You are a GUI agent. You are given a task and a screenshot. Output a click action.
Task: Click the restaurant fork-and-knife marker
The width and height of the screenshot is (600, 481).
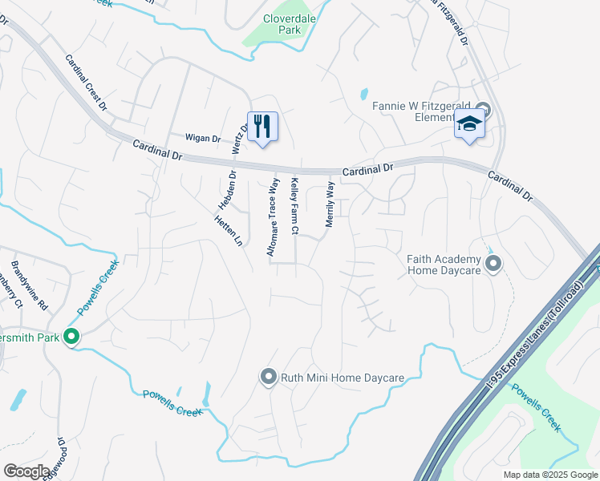point(262,127)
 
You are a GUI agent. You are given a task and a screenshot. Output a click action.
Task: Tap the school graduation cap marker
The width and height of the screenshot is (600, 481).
point(469,125)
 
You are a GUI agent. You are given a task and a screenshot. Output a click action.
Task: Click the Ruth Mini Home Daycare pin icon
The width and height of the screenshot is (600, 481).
point(268,376)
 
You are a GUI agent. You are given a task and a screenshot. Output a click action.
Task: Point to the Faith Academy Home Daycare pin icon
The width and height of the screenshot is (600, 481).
point(493,263)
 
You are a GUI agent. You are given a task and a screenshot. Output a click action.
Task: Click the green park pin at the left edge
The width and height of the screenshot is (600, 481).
point(71,338)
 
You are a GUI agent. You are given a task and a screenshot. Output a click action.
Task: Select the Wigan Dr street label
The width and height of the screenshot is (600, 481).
point(203,138)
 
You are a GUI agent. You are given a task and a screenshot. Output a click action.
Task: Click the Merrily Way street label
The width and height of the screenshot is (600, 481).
point(329,205)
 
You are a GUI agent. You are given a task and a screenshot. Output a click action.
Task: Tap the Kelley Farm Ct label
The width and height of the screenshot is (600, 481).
point(295,207)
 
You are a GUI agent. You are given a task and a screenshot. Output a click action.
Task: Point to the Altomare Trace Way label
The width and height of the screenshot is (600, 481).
point(273,217)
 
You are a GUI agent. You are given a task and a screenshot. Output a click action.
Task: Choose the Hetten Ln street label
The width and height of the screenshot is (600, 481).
point(229,230)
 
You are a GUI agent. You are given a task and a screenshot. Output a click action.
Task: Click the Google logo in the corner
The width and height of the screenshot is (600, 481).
point(26,471)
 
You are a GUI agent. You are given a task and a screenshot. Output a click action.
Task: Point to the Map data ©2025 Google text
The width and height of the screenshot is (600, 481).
point(550,475)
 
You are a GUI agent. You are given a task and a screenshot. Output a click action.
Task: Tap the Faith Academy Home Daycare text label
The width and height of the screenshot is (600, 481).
point(444,265)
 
